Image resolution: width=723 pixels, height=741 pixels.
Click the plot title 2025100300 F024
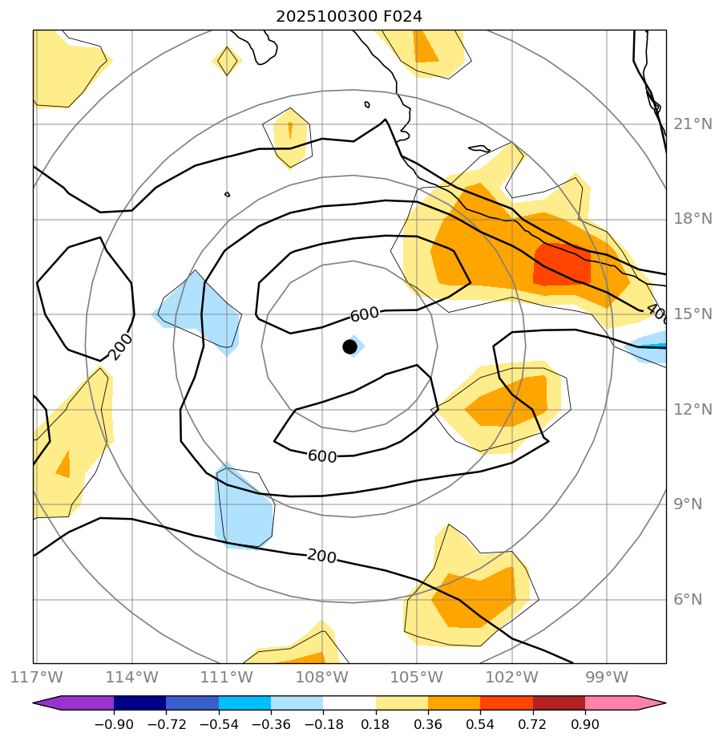point(349,16)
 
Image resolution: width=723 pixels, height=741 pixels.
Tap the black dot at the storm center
point(349,346)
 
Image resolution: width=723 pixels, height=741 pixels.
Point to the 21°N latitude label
point(693,124)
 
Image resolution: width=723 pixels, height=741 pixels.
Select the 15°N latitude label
point(693,314)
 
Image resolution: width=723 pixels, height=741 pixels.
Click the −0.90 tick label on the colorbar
point(113,725)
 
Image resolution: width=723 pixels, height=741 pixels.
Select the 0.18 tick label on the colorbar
point(375,725)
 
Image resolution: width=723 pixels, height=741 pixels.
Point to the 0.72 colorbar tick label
point(532,725)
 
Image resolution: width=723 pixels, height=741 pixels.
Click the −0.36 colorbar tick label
point(270,725)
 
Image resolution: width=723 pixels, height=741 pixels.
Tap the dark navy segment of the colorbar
point(139,703)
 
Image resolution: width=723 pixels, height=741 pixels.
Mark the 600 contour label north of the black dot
point(365,314)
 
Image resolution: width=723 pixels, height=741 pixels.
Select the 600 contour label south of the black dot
point(322,456)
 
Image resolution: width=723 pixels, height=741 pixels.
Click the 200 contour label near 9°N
point(321,557)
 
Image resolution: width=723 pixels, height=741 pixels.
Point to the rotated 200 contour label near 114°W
point(120,346)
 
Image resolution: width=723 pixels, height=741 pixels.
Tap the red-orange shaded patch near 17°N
point(561,263)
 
